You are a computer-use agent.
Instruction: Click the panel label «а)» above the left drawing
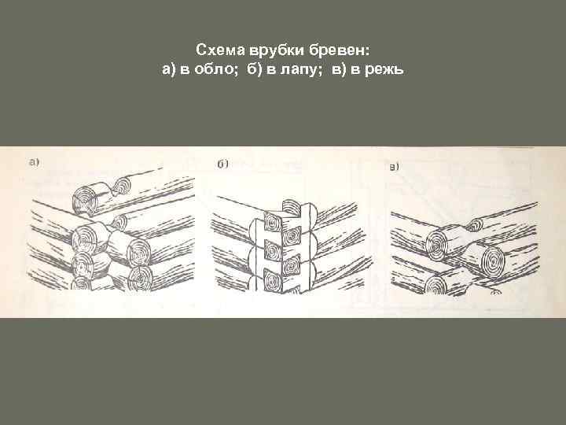coord(34,163)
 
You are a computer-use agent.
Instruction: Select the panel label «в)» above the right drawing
coord(395,166)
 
